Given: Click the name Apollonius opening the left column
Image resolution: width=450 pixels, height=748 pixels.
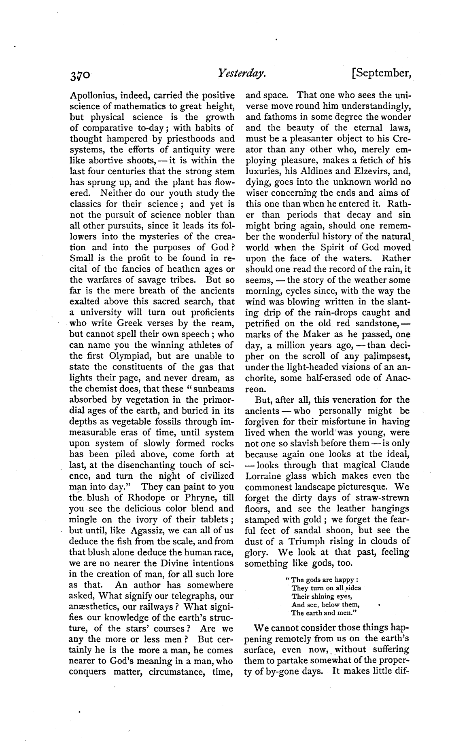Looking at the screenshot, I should point(93,96).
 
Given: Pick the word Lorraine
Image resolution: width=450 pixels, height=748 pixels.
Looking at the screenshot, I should point(263,476).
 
